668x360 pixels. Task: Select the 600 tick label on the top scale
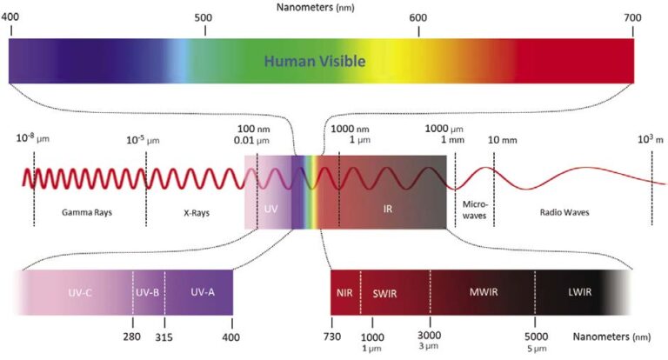pos(418,18)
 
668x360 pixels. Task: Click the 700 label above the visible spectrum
pos(632,18)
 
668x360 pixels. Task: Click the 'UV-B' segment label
pos(148,292)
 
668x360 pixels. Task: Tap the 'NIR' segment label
pos(344,292)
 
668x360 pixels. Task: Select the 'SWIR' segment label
pos(384,292)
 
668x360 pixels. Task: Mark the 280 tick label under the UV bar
pos(132,336)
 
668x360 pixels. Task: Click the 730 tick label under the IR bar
pos(331,336)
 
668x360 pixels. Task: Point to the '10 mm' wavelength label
pos(502,140)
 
